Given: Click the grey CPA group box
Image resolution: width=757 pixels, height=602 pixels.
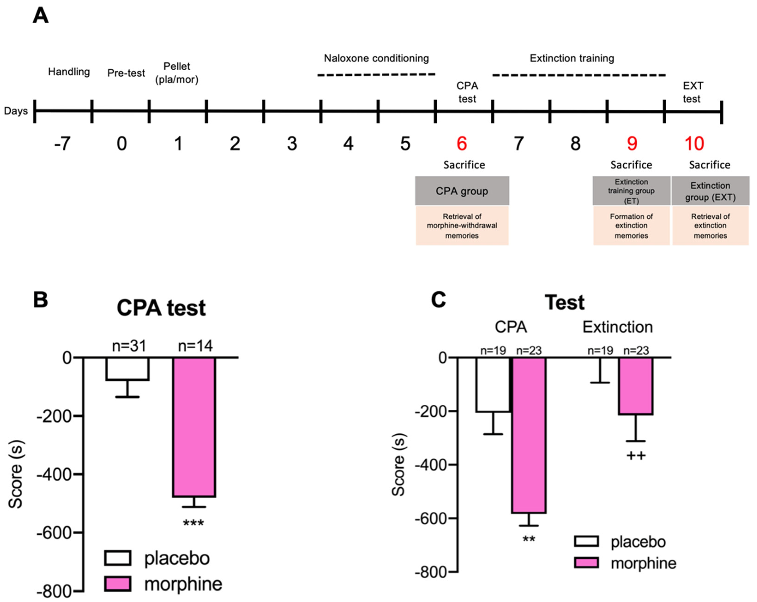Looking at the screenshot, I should click(462, 191).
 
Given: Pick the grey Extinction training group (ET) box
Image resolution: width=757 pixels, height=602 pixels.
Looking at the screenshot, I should click(631, 191).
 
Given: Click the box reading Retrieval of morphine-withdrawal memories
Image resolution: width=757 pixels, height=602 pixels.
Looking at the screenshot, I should click(462, 225).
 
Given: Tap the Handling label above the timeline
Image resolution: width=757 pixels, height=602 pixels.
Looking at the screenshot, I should click(69, 71).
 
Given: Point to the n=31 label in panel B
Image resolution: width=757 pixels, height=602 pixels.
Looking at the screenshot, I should click(129, 346).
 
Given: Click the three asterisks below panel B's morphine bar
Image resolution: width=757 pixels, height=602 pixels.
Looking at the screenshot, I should click(193, 523).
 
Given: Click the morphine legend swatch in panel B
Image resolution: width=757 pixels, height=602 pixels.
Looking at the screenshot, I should click(118, 584).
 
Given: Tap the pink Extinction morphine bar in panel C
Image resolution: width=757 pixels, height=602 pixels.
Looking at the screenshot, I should click(636, 386).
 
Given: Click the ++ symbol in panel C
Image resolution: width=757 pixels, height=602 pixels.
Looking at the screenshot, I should click(636, 456).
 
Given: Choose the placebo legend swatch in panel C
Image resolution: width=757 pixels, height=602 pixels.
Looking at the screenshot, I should click(586, 541).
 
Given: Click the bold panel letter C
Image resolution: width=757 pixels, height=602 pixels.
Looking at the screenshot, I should click(438, 300).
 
